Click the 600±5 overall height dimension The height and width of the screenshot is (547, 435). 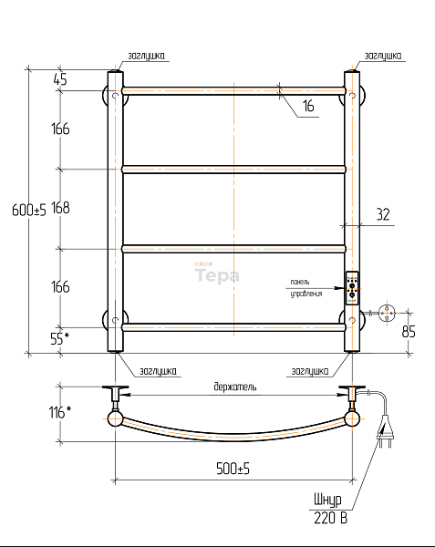(29, 210)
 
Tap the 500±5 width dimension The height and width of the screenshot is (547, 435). (233, 469)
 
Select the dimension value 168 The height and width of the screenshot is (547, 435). (60, 208)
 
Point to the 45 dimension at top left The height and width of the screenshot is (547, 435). (60, 79)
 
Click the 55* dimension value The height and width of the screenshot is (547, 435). (59, 338)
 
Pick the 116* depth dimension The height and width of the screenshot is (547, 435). (59, 412)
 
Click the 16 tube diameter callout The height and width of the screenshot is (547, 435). (308, 106)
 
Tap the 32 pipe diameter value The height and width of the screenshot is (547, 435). (383, 214)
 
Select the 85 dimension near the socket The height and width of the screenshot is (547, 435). (409, 332)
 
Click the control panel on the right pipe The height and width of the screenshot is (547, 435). (352, 288)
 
